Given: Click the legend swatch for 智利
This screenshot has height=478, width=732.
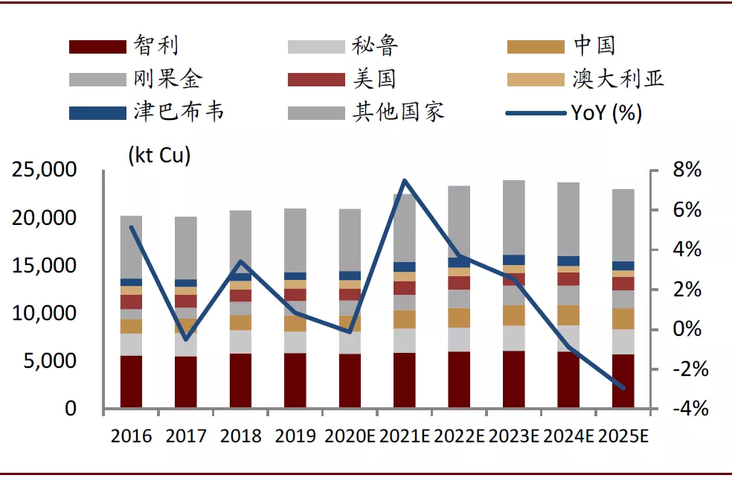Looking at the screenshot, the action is click(97, 47).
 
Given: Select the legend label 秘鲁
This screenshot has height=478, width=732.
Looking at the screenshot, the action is click(375, 45).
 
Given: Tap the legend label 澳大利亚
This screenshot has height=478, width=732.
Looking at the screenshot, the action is click(618, 79).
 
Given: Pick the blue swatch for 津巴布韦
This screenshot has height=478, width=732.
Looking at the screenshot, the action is click(97, 113).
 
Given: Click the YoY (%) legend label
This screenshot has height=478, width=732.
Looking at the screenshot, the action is click(606, 112).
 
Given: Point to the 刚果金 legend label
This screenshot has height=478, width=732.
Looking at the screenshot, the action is click(167, 79).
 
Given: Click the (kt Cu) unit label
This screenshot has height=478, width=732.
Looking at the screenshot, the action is click(160, 155).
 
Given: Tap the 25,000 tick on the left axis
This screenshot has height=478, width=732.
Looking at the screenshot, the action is click(45, 170).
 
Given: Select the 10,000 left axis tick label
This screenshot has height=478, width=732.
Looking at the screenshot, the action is click(45, 313).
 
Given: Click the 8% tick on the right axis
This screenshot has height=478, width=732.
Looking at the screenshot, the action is click(687, 170).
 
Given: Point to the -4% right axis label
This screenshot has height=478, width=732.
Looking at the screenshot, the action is click(690, 409).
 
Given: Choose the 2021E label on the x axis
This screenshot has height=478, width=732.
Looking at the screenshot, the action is click(404, 436).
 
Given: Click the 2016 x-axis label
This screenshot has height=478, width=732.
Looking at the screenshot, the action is click(131, 436).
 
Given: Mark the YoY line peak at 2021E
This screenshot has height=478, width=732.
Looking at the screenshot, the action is click(404, 180).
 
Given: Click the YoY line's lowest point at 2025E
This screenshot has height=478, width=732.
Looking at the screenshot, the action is click(623, 388).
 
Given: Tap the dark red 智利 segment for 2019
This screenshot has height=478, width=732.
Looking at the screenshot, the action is click(295, 380).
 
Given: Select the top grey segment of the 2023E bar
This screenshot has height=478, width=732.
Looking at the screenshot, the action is click(514, 217).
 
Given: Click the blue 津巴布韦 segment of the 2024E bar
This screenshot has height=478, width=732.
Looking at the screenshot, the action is click(568, 261).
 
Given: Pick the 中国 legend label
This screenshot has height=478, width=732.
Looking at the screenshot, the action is click(594, 45).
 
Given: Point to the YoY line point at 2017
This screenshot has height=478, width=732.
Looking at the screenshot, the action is click(186, 340).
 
